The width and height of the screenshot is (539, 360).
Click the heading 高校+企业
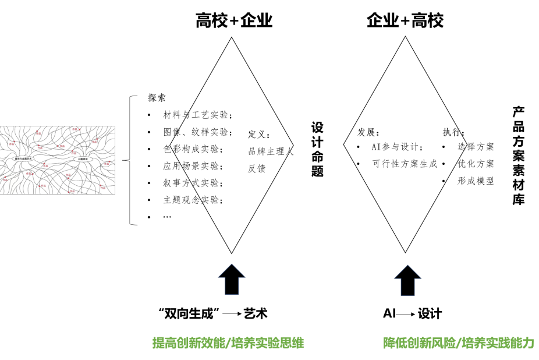pyautogui.click(x=234, y=22)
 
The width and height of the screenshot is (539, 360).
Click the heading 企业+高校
pyautogui.click(x=405, y=22)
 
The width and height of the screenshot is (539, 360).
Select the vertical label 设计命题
pyautogui.click(x=317, y=149)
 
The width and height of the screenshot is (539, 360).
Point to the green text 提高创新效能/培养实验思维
pyautogui.click(x=228, y=343)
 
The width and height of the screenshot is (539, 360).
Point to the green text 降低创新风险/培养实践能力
pyautogui.click(x=458, y=343)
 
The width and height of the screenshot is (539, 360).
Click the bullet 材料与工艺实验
pyautogui.click(x=197, y=115)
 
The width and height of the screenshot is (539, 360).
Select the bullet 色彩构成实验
pyautogui.click(x=193, y=149)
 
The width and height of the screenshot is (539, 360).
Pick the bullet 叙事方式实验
pyautogui.click(x=193, y=183)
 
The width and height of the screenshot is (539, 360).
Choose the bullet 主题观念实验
pyautogui.click(x=193, y=200)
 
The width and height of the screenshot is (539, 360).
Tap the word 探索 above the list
pyautogui.click(x=157, y=98)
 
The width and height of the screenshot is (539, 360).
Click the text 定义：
pyautogui.click(x=259, y=135)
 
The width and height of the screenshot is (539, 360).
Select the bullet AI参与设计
pyautogui.click(x=398, y=147)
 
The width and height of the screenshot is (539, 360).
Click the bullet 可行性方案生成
pyautogui.click(x=405, y=164)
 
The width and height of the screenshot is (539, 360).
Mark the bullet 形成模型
pyautogui.click(x=476, y=181)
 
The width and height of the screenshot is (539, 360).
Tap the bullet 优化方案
pyautogui.click(x=476, y=164)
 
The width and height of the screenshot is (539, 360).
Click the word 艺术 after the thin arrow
pyautogui.click(x=256, y=313)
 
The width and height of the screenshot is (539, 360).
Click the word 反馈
pyautogui.click(x=257, y=168)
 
